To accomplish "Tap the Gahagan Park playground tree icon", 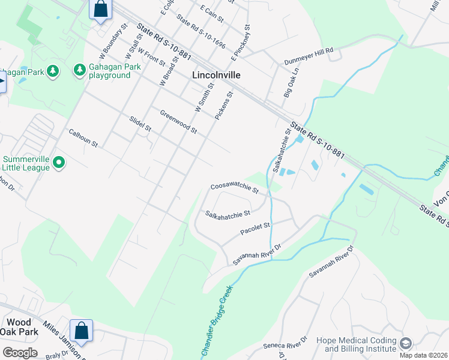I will pyautogui.click(x=80, y=71).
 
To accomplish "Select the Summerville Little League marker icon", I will pyautogui.click(x=59, y=163).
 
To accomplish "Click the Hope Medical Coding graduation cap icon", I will pyautogui.click(x=406, y=343).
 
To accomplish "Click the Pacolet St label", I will pyautogui.click(x=256, y=227).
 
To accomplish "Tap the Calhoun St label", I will pyautogui.click(x=83, y=139).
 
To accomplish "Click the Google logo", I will pyautogui.click(x=20, y=353).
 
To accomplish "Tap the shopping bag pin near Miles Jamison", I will pyautogui.click(x=81, y=331).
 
